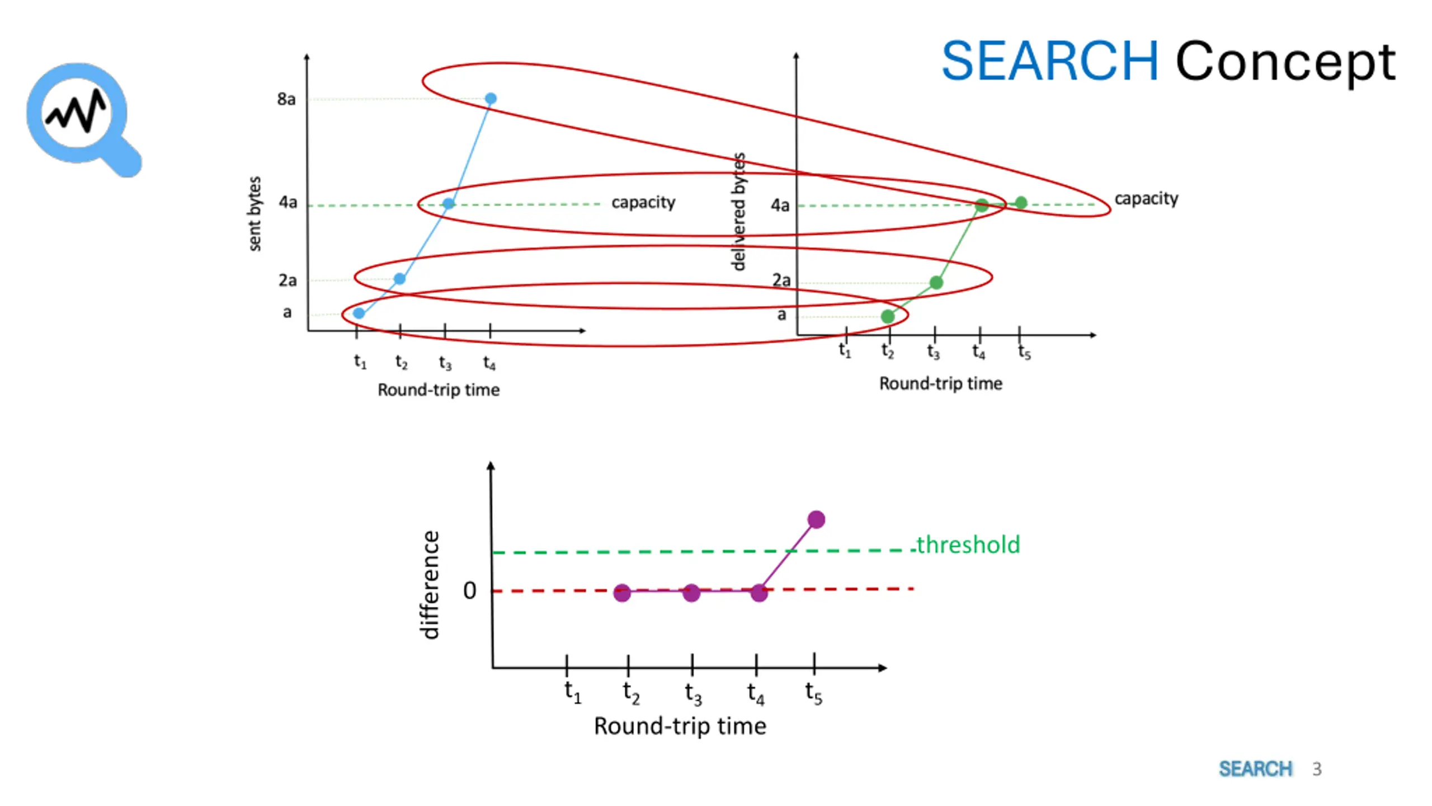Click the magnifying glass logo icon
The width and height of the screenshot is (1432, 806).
[x=83, y=119]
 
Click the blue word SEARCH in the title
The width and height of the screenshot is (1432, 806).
[x=1049, y=61]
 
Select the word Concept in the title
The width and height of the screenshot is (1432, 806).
[x=1285, y=63]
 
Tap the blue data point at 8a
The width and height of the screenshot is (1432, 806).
[x=491, y=99]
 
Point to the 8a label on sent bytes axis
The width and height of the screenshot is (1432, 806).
[x=286, y=99]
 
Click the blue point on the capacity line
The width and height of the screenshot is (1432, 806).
[x=448, y=204]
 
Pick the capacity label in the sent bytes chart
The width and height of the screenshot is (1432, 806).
[x=643, y=202]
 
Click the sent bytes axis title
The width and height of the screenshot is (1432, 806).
[x=255, y=213]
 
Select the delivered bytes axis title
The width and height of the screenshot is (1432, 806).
[x=739, y=212]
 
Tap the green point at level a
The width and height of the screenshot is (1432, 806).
[x=888, y=317]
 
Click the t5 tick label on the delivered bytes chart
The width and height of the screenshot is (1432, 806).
[x=1024, y=352]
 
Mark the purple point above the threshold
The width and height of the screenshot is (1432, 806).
[x=816, y=520]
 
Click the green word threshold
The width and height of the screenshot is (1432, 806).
[x=968, y=545]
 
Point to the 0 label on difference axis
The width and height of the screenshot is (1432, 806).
[x=470, y=591]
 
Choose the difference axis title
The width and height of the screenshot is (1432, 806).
[x=430, y=585]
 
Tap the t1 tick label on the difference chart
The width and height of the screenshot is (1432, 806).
[x=572, y=692]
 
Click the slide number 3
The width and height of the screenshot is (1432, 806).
[x=1317, y=769]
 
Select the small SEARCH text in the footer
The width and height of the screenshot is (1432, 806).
[x=1256, y=769]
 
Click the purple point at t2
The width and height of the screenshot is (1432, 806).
[x=622, y=593]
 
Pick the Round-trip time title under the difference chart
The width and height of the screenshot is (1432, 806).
[x=680, y=727]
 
